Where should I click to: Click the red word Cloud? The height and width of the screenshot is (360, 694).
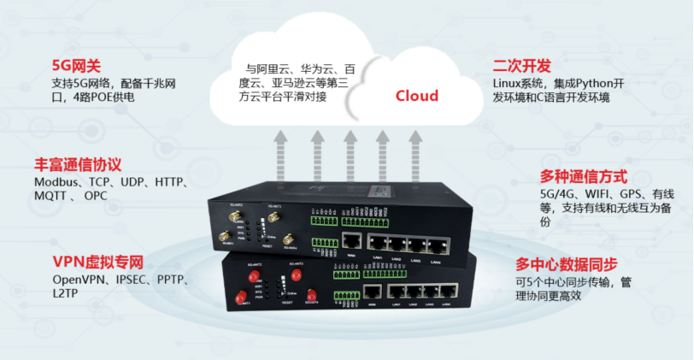pos(416,96)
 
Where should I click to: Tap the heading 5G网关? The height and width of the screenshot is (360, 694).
pos(76,65)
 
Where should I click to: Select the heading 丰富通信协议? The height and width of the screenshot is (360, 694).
pos(78,164)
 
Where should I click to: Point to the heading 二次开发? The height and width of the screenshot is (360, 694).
pos(521,66)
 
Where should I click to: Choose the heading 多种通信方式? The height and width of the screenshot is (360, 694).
pos(584,177)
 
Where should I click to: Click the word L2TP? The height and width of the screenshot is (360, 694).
pos(64,293)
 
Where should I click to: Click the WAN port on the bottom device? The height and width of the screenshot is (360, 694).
pos(373,292)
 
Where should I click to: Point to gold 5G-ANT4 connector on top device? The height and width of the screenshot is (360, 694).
pos(287,239)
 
